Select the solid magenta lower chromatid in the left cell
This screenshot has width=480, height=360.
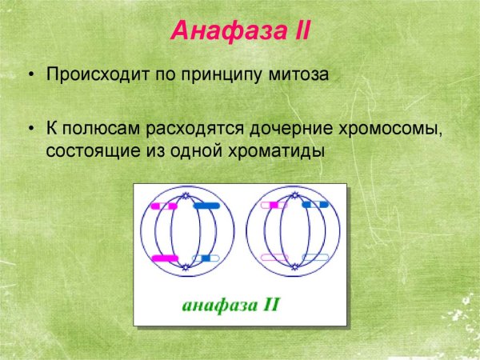pos(164,258)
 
